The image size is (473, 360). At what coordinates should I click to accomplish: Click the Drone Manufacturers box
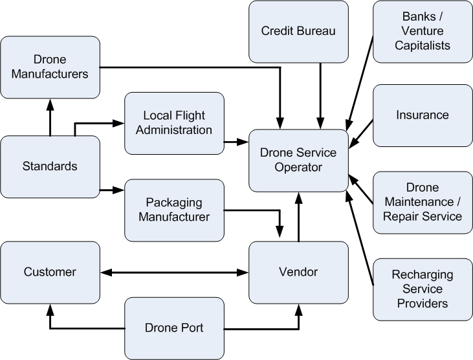point(50,67)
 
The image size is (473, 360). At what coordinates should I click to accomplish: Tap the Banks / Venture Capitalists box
point(423,32)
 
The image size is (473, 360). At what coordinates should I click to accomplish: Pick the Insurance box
point(423,115)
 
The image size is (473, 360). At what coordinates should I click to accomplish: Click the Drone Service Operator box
point(298,160)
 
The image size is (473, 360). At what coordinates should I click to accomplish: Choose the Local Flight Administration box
point(174,123)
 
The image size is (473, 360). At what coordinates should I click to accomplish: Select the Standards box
point(50,166)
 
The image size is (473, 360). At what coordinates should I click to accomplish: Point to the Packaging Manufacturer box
point(174,210)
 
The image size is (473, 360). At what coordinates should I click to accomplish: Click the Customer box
point(50,272)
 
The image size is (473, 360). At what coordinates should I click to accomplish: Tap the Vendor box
point(298,272)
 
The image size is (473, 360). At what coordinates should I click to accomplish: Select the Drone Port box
point(174,328)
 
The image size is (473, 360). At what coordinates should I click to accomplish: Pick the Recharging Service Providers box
point(423,289)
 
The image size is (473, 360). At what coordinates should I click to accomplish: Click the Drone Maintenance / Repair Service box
point(423,202)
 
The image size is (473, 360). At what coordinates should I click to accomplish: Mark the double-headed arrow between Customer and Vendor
point(174,272)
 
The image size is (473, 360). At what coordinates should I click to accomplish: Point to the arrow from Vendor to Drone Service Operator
point(298,217)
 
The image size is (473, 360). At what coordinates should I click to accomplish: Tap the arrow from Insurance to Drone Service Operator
point(361,132)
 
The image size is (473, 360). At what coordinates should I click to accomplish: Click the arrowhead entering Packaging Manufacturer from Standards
point(118,190)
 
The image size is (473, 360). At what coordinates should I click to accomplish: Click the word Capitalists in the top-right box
point(423,46)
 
